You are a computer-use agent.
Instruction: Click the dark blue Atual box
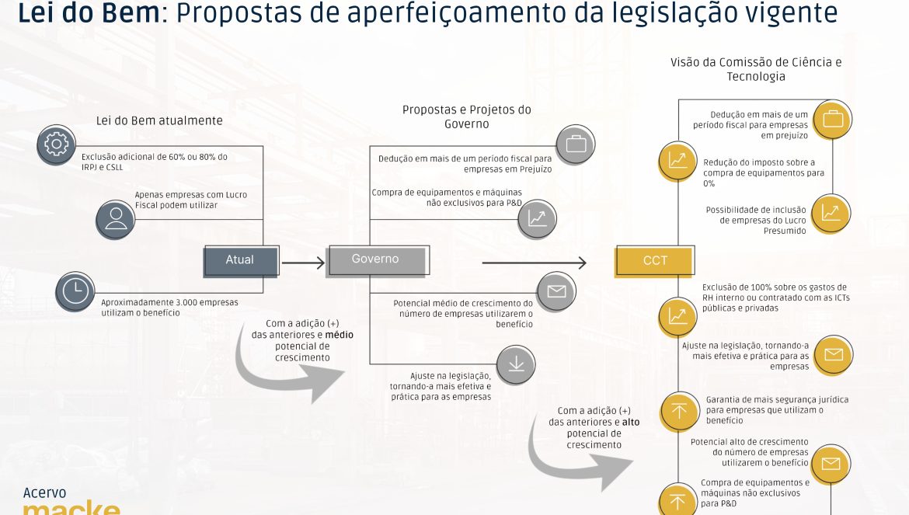241,261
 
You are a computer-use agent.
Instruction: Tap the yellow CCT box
654,261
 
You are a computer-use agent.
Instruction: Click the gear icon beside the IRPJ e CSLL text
56,144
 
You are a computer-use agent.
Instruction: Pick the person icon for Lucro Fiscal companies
115,220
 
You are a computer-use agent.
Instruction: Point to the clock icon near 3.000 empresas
75,291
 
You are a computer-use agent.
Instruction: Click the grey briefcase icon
576,144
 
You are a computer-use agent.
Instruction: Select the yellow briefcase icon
833,120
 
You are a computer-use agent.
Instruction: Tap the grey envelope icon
556,291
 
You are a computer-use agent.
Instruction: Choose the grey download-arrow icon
516,364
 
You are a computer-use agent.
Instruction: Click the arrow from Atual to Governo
303,263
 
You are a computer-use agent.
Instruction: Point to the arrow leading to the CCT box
534,263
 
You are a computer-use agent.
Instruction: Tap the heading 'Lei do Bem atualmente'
159,120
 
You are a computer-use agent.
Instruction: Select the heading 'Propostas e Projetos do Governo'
467,117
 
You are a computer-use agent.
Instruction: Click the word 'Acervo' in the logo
44,493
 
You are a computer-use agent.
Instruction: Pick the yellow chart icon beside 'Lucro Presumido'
831,213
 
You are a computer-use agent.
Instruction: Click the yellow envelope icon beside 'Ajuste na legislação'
834,354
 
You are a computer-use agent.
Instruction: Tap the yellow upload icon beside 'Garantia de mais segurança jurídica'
680,412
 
